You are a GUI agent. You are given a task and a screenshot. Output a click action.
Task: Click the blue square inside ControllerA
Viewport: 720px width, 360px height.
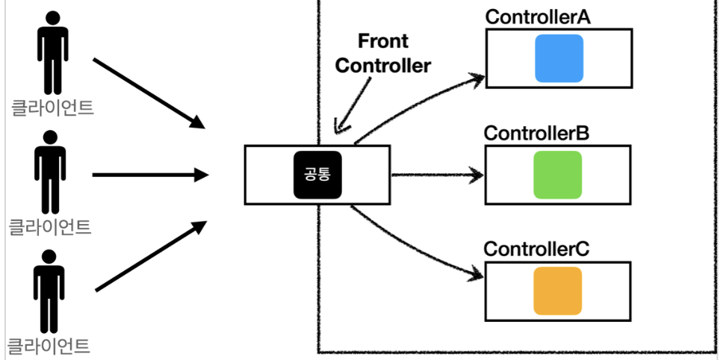(x=559, y=58)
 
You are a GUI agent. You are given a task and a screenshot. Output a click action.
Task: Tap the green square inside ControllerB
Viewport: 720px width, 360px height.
(x=557, y=175)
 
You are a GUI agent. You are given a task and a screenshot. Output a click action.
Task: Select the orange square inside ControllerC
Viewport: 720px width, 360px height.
(x=557, y=291)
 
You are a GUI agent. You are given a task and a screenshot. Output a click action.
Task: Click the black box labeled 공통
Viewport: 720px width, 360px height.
(x=317, y=175)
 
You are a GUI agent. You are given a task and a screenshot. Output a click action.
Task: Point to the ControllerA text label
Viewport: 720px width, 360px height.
(x=538, y=17)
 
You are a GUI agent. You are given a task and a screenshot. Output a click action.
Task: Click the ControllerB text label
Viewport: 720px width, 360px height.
(x=536, y=134)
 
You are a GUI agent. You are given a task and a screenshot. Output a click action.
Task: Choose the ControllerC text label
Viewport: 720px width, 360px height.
(x=536, y=249)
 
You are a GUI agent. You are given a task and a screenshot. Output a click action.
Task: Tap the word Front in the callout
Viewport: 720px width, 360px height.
(x=383, y=41)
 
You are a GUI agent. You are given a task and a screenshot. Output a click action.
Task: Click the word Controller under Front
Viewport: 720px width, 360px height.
(x=383, y=65)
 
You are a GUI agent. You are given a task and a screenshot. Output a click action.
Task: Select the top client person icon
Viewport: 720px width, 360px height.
(x=53, y=53)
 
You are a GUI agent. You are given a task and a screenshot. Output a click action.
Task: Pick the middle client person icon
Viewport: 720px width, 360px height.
(x=50, y=173)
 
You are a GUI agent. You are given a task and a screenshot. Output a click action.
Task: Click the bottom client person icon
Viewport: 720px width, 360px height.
(x=49, y=291)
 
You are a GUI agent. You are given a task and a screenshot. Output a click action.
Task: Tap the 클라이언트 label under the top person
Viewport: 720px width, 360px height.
(x=53, y=108)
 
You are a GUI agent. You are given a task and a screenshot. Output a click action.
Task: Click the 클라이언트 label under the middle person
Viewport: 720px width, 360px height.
(x=50, y=227)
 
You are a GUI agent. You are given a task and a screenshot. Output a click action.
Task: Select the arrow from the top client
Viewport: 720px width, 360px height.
(x=149, y=93)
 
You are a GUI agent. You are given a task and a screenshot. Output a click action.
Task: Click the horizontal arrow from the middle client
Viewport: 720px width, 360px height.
(x=151, y=175)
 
